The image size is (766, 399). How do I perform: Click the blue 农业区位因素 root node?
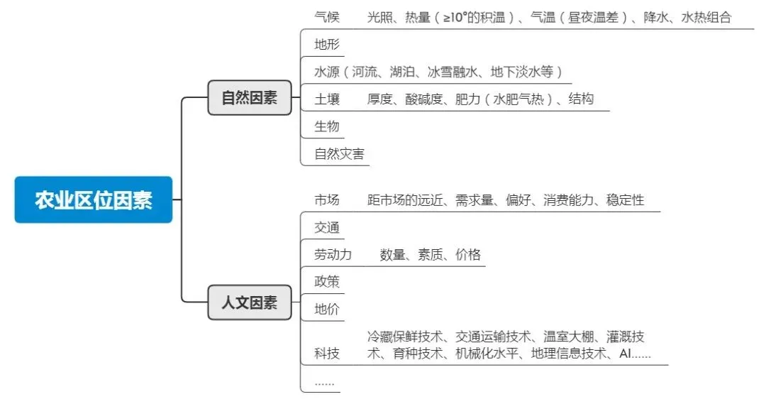pos(93,199)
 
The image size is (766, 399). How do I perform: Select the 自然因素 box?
pos(249,98)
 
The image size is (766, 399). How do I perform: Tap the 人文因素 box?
pos(249,302)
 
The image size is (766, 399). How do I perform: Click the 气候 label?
pos(327,17)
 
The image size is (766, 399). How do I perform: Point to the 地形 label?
pos(327,45)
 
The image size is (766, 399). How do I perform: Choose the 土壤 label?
pos(327,99)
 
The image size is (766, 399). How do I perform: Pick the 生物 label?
pos(327,126)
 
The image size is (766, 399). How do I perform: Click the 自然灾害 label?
pos(339,153)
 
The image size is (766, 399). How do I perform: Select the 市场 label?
pos(327,200)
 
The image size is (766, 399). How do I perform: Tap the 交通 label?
pos(327,227)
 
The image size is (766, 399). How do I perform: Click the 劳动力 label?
pos(333,254)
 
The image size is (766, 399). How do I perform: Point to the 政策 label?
pos(327,281)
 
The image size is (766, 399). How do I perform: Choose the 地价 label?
pos(327,309)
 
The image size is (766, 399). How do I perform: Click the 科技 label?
pos(327,354)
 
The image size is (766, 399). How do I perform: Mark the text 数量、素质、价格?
pos(430,254)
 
